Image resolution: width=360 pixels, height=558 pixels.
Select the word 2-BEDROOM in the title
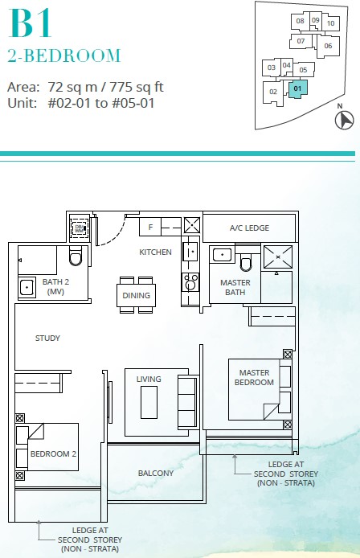pyautogui.click(x=64, y=56)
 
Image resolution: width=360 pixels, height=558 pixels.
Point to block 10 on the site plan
pyautogui.click(x=331, y=23)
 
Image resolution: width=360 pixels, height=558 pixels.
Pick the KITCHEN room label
pyautogui.click(x=155, y=252)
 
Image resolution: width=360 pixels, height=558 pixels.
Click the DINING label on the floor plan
pyautogui.click(x=136, y=295)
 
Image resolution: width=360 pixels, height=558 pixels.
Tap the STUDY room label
pyautogui.click(x=47, y=338)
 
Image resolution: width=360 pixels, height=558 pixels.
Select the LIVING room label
pyautogui.click(x=149, y=379)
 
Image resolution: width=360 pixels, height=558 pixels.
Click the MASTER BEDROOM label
pyautogui.click(x=253, y=377)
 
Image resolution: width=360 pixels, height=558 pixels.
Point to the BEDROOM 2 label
pyautogui.click(x=53, y=454)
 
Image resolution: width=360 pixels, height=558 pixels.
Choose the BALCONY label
pyautogui.click(x=155, y=474)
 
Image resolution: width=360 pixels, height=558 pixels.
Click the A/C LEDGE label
pyautogui.click(x=249, y=228)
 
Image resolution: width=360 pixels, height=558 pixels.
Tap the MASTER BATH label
pyautogui.click(x=235, y=288)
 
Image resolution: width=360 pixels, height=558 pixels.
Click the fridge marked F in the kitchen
pyautogui.click(x=150, y=228)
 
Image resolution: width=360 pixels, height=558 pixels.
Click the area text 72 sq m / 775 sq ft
pyautogui.click(x=86, y=87)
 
